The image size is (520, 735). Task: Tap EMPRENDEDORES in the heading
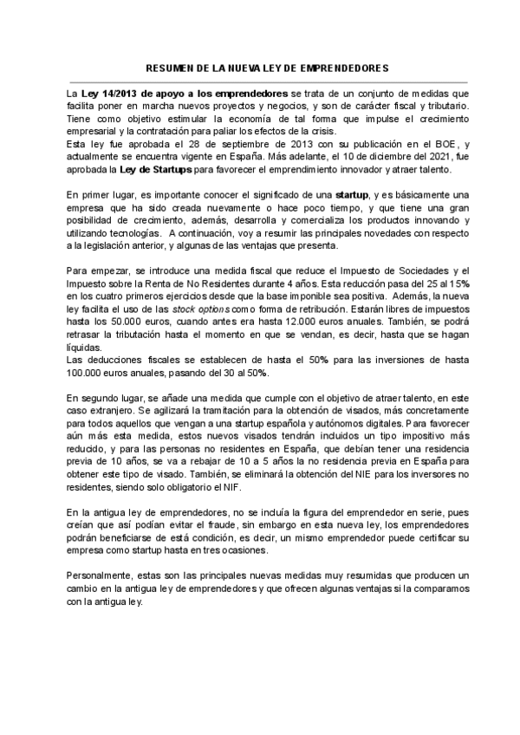pyautogui.click(x=341, y=67)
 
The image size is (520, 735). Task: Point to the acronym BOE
pyautogui.click(x=442, y=145)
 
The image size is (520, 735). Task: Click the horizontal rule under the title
pyautogui.click(x=260, y=77)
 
